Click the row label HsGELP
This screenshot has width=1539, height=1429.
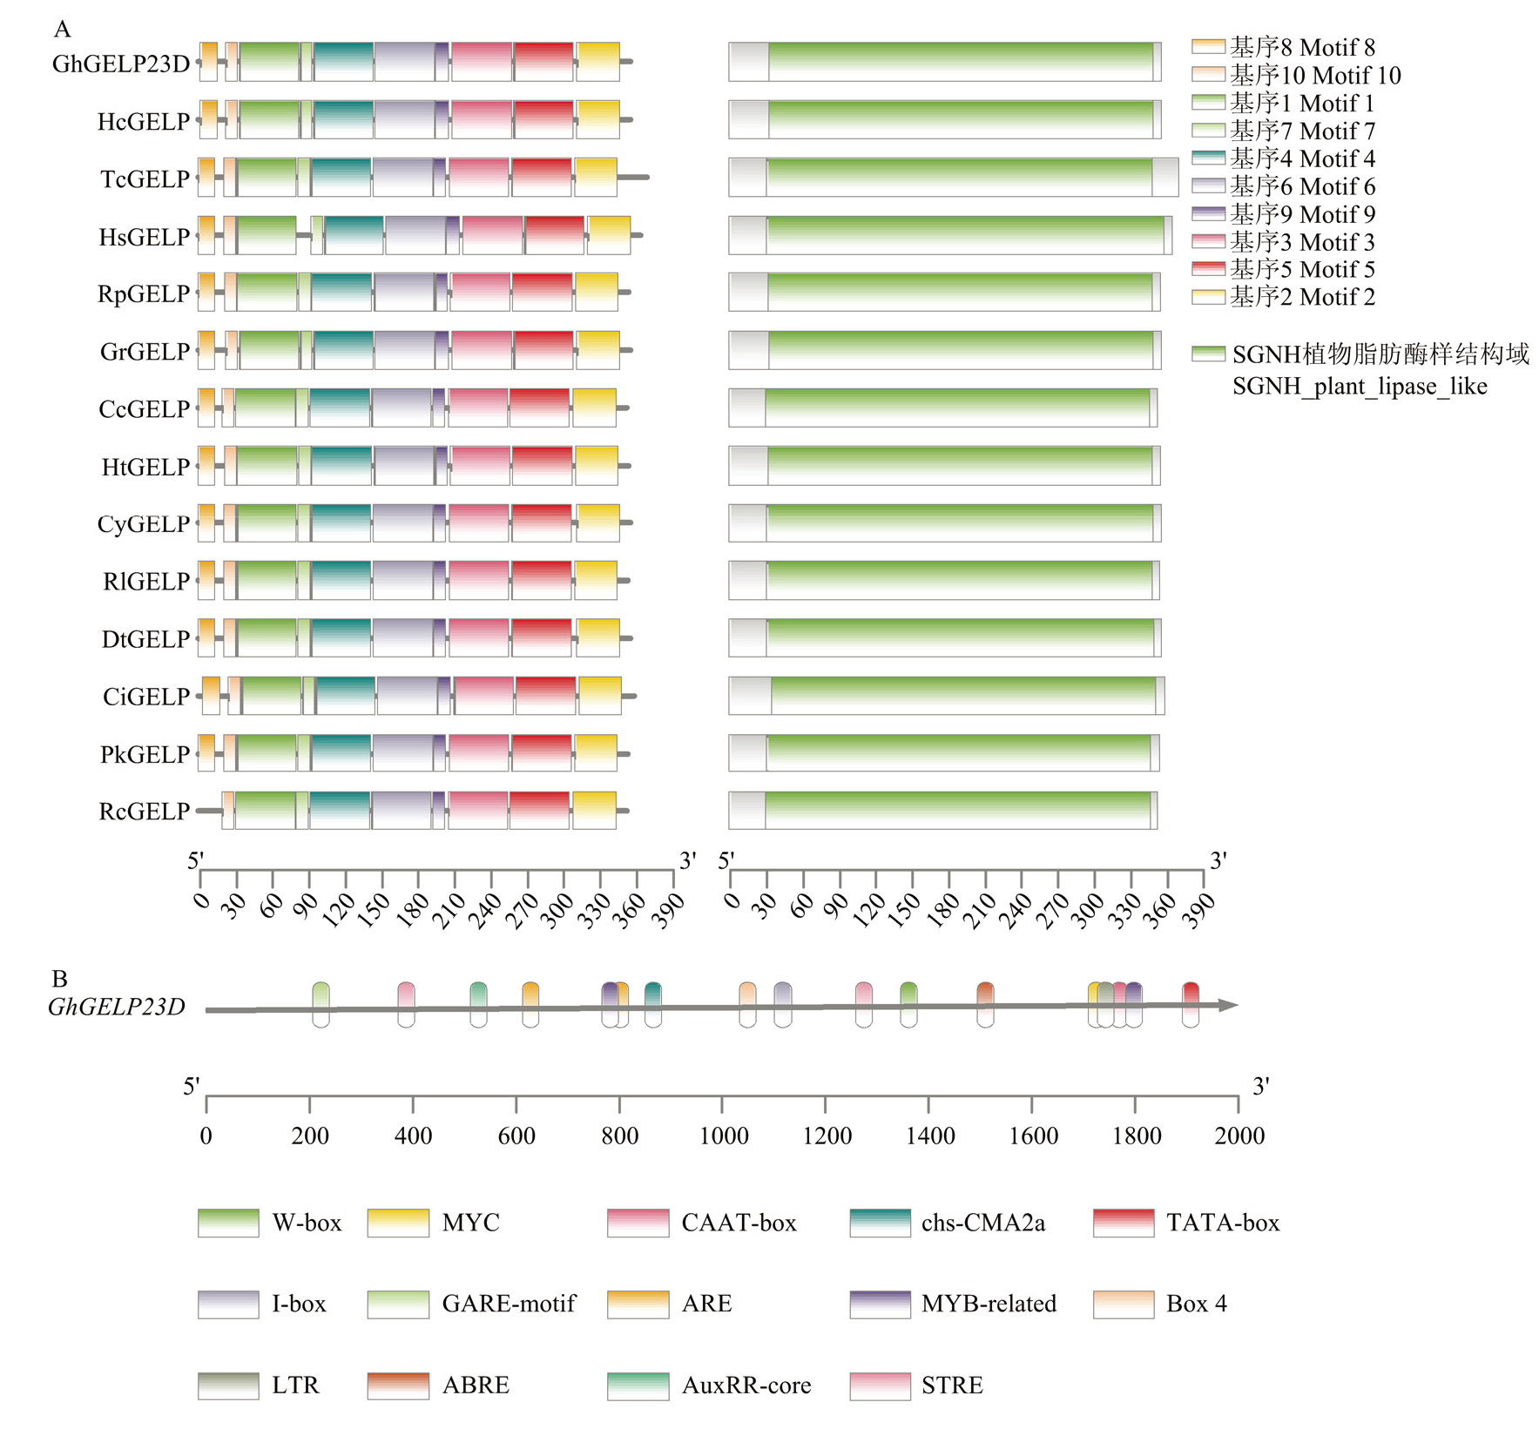point(144,237)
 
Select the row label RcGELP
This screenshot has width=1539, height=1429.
point(144,812)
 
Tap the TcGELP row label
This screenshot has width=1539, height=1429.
point(145,179)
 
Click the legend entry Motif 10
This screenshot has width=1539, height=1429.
point(1315,76)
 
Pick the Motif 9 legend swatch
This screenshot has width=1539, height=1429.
point(1208,214)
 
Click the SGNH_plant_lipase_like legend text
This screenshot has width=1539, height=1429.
point(1360,386)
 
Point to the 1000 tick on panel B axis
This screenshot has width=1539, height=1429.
point(722,1105)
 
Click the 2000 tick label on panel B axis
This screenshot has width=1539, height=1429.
point(1239,1136)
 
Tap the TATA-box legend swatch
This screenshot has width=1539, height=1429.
point(1124,1223)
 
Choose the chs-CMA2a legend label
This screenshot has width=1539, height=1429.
point(982,1223)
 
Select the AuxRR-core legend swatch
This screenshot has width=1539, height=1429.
point(638,1385)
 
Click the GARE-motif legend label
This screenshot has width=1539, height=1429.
point(509,1304)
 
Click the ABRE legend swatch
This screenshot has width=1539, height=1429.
point(398,1385)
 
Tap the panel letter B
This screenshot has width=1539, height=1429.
point(59,979)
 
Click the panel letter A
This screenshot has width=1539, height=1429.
point(62,30)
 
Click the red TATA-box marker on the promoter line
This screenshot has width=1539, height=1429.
point(1191,1004)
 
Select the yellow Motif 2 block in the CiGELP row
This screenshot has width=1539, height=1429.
point(600,696)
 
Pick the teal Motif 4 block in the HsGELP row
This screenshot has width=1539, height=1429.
point(354,235)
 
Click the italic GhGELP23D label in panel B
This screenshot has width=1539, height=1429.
point(117,1008)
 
